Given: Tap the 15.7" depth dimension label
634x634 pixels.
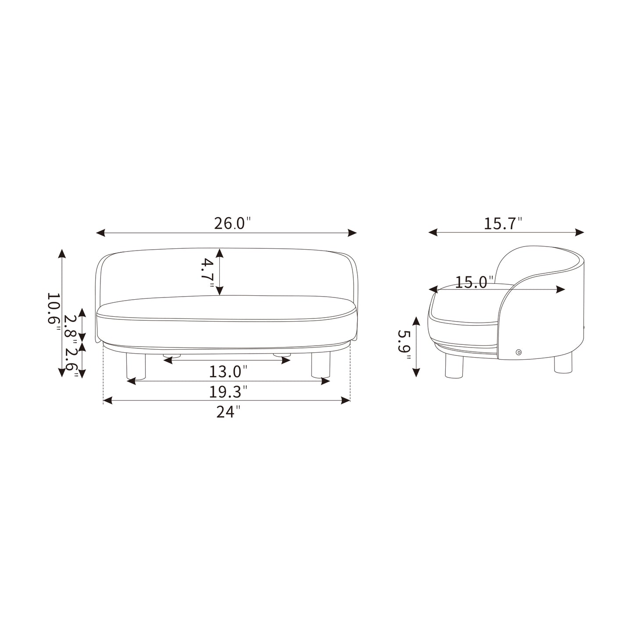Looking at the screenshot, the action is tap(503, 223).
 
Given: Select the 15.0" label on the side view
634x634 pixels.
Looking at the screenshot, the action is tap(474, 282).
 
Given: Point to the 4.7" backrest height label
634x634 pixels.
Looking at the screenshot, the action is tap(208, 273).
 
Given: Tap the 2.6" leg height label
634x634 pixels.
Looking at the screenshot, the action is tap(72, 362).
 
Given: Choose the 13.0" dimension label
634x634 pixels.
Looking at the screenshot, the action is tap(228, 372).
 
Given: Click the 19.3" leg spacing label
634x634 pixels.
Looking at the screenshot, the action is tap(228, 392).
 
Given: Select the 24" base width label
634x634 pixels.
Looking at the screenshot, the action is tap(228, 412).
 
